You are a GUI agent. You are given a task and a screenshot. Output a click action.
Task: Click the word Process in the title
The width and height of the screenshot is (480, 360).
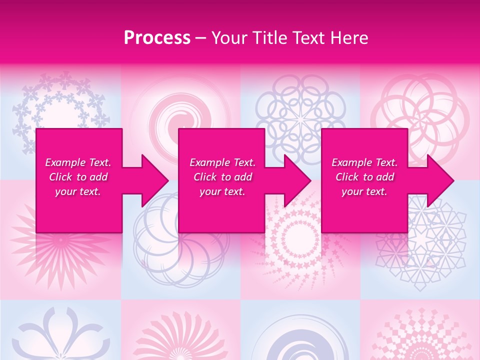(x=157, y=38)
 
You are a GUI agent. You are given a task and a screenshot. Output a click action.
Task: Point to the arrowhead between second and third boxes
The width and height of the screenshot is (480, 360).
(x=297, y=180)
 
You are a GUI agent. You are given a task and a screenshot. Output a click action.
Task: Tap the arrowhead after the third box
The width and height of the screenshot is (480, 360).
(x=440, y=180)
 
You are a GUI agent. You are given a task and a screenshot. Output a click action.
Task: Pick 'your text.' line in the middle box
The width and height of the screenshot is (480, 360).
(x=222, y=191)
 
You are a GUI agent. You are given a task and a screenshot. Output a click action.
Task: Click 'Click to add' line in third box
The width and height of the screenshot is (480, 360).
(x=364, y=177)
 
